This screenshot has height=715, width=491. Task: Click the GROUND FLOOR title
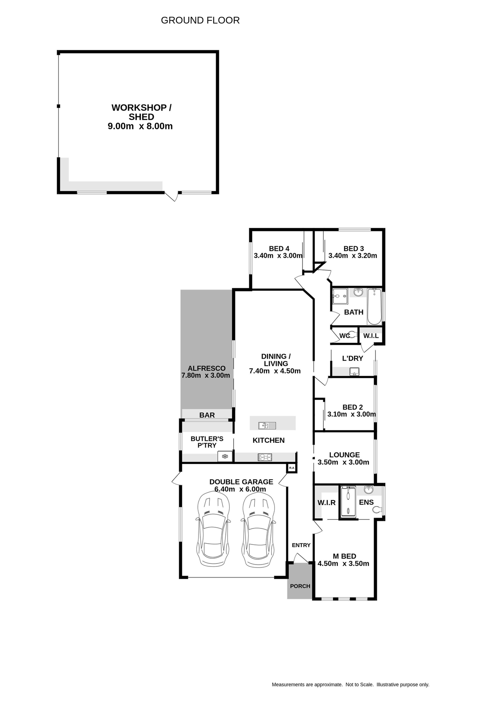[200, 20]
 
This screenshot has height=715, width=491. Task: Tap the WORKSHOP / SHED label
[141, 112]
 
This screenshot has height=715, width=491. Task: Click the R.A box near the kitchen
[292, 468]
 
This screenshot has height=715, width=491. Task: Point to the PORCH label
[300, 586]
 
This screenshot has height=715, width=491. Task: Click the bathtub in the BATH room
[374, 307]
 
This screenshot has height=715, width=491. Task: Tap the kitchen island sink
[267, 425]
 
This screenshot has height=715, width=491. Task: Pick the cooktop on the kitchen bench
[264, 457]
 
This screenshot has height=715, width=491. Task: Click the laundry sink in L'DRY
[354, 371]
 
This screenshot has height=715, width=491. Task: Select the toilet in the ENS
[377, 509]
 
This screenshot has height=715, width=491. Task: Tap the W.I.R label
[326, 503]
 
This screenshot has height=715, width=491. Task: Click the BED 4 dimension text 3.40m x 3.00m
[278, 256]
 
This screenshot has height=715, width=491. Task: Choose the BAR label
[207, 415]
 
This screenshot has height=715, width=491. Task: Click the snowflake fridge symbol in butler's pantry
[225, 456]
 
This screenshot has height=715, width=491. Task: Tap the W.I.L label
[371, 336]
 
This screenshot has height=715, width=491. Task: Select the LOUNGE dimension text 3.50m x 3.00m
[343, 462]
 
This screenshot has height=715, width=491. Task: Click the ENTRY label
[301, 545]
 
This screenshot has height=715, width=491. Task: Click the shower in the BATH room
[340, 296]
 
